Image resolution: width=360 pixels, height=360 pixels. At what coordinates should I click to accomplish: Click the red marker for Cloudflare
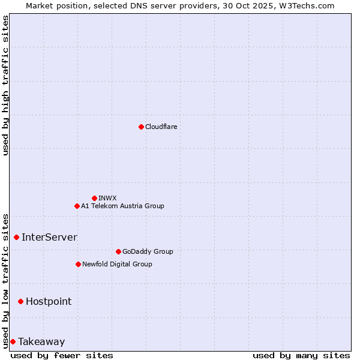click(141, 127)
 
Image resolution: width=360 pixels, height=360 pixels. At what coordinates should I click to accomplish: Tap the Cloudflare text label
click(161, 127)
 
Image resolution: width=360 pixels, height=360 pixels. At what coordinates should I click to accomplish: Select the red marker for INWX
click(94, 198)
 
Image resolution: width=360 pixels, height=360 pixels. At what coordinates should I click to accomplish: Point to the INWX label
click(107, 198)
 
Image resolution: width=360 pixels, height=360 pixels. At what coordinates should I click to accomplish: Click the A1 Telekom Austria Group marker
click(77, 206)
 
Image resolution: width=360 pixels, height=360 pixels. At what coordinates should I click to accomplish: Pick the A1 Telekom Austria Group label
click(122, 206)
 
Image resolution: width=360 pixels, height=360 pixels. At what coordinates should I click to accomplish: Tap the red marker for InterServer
click(16, 237)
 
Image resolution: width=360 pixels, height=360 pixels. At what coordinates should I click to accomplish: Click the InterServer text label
click(49, 237)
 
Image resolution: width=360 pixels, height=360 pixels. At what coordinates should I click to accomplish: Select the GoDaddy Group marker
click(118, 251)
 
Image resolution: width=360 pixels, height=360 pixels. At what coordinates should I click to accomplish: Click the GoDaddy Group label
click(148, 251)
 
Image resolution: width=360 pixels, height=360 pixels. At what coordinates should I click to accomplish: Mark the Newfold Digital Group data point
click(78, 264)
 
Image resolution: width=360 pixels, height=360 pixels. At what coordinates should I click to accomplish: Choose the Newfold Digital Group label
click(117, 264)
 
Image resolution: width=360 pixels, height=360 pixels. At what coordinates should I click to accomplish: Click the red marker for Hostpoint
click(20, 301)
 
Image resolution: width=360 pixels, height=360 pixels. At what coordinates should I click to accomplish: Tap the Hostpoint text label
click(49, 301)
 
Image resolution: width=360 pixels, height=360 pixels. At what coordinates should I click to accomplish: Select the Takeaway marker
click(13, 341)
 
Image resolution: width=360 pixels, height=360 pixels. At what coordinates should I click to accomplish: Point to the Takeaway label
click(41, 341)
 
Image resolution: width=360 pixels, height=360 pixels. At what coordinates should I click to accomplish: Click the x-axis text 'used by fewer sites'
click(62, 355)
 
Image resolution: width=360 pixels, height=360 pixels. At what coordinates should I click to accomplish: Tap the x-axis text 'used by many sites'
click(301, 355)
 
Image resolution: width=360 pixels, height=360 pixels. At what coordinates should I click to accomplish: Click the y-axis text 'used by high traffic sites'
click(5, 85)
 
